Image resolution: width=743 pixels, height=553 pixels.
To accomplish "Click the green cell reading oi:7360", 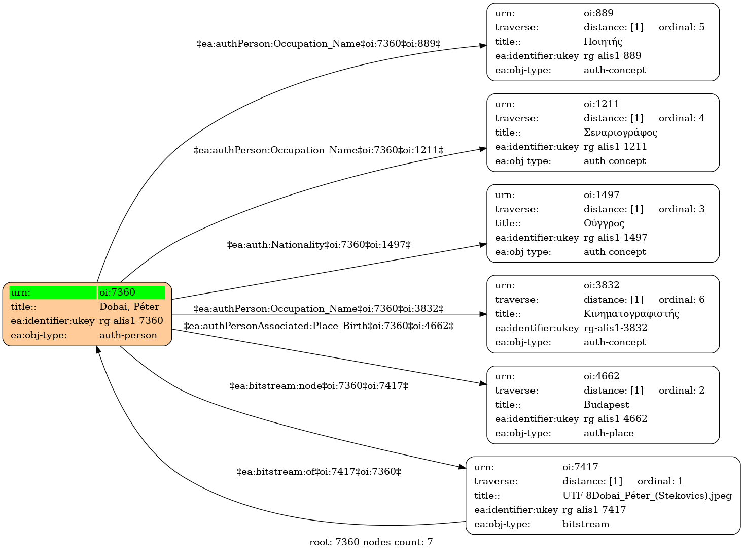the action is pyautogui.click(x=131, y=292).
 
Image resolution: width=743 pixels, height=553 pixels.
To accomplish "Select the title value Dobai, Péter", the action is pyautogui.click(x=129, y=307).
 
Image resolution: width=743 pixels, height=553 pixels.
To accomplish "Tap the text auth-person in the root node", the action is pyautogui.click(x=128, y=335).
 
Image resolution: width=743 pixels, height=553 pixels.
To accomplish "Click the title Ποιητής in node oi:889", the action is pyautogui.click(x=603, y=42).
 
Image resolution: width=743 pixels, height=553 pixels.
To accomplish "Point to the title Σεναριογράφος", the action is pyautogui.click(x=620, y=133).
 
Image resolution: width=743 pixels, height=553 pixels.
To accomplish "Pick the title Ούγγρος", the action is pyautogui.click(x=604, y=223).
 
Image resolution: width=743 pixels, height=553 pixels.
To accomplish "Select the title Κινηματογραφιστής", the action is pyautogui.click(x=631, y=314).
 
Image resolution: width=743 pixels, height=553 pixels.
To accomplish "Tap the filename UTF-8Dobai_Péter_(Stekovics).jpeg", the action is pyautogui.click(x=647, y=496).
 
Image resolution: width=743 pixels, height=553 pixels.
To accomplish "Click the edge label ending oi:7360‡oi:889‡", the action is pyautogui.click(x=318, y=44).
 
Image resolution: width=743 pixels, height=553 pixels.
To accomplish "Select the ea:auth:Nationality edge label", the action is pyautogui.click(x=319, y=245).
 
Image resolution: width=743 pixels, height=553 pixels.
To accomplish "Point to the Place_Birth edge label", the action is pyautogui.click(x=319, y=326).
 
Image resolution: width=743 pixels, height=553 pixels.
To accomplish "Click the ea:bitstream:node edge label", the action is pyautogui.click(x=319, y=386).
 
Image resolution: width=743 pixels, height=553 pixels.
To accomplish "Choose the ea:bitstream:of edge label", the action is pyautogui.click(x=319, y=472).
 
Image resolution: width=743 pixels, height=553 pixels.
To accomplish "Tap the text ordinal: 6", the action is pyautogui.click(x=682, y=299).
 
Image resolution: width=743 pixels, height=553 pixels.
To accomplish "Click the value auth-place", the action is pyautogui.click(x=609, y=433).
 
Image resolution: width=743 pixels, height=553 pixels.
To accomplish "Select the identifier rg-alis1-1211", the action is pyautogui.click(x=615, y=147).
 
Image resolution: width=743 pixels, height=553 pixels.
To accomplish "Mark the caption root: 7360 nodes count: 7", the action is pyautogui.click(x=371, y=542).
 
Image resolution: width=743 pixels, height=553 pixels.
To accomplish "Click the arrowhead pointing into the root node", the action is pyautogui.click(x=98, y=350).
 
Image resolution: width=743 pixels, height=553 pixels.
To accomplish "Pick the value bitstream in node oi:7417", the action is pyautogui.click(x=586, y=524).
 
